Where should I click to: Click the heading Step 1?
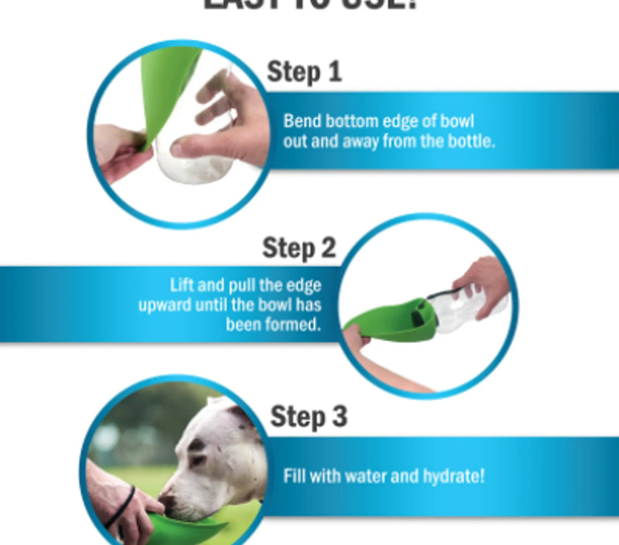pos(304,72)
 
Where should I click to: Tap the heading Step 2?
pos(298,248)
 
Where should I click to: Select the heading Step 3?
pos(308,417)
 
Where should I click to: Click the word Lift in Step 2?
pos(181,285)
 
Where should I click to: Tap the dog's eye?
pos(197,446)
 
